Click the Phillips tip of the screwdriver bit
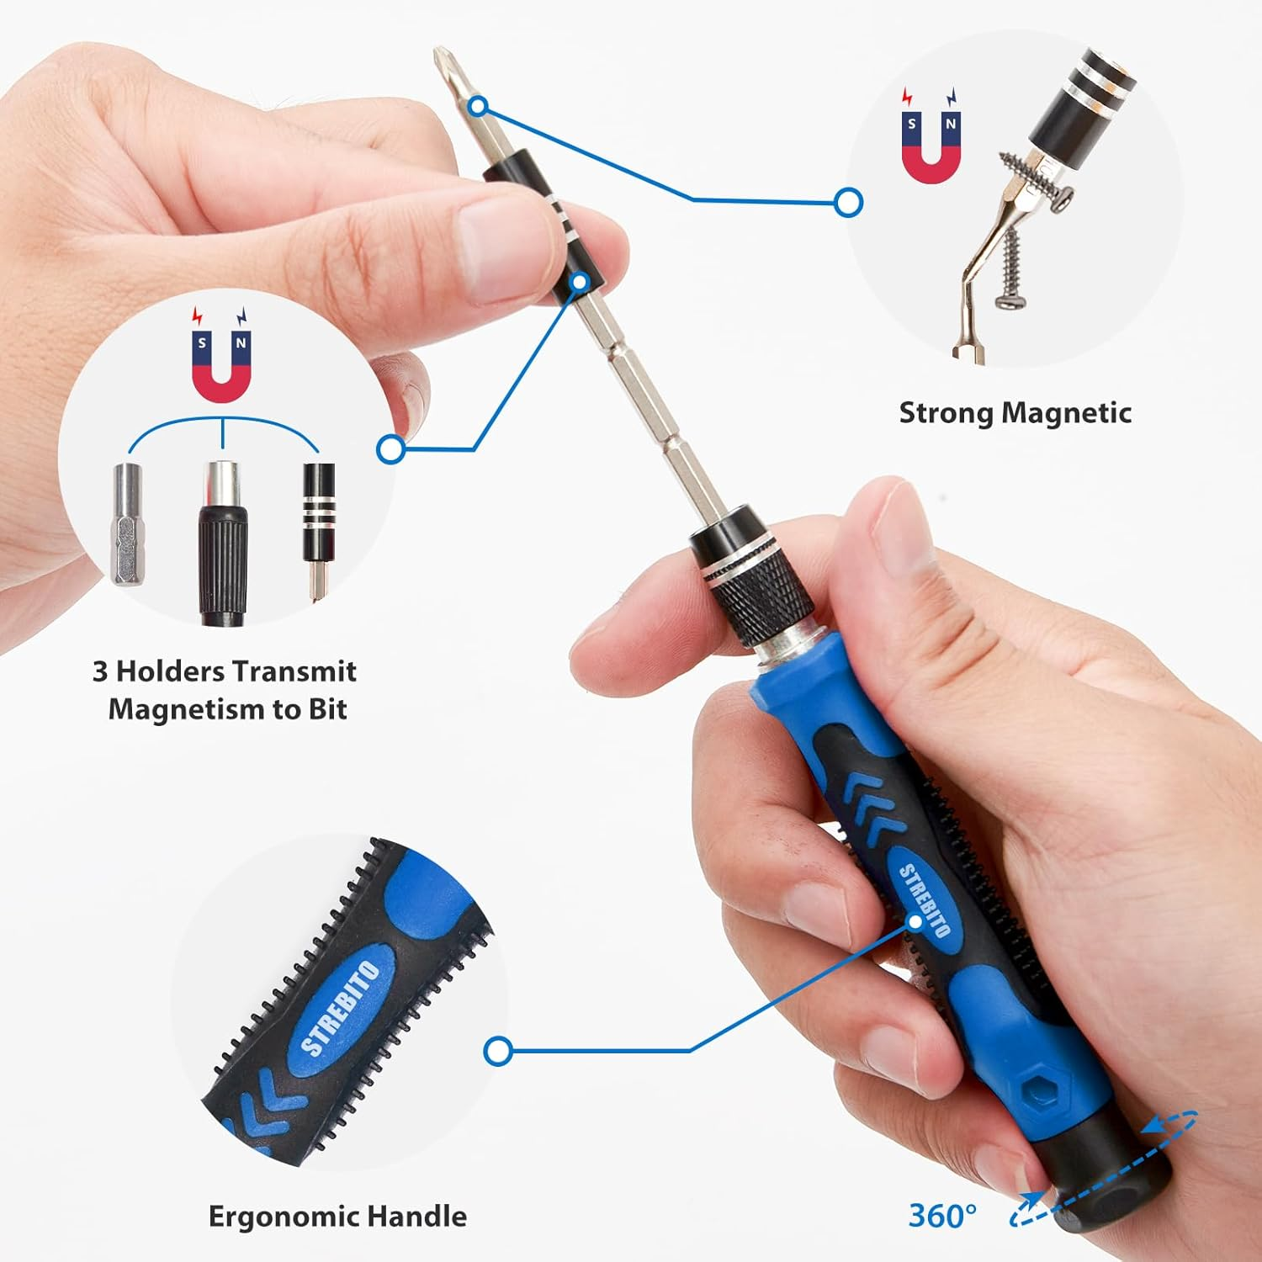[440, 61]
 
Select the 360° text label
[941, 1216]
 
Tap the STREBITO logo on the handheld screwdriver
[924, 900]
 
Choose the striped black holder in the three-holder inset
[319, 513]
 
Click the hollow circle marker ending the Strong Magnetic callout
[848, 202]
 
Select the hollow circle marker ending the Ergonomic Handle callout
[498, 1051]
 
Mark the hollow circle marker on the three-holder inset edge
[390, 449]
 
